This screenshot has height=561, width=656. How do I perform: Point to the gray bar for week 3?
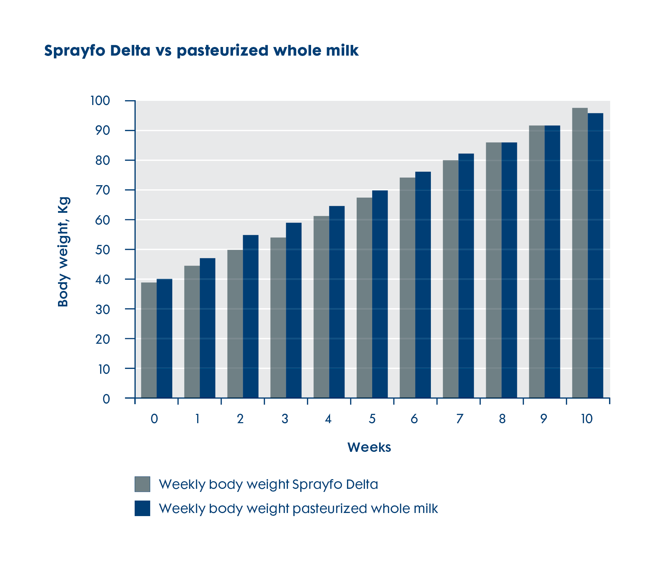278,318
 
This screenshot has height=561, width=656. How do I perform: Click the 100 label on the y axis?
100,101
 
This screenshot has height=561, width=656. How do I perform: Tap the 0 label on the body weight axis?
106,399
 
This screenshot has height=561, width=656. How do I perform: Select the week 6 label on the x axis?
414,419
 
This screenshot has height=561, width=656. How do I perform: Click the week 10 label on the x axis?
587,419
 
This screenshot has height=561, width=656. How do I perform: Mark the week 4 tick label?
328,419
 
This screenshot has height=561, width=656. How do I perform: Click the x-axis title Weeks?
369,447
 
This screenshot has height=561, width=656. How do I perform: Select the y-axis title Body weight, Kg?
64,252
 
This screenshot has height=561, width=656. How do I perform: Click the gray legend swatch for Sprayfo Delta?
142,484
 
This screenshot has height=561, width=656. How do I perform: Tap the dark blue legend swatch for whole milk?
142,508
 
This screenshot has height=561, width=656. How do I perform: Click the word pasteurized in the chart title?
223,51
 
